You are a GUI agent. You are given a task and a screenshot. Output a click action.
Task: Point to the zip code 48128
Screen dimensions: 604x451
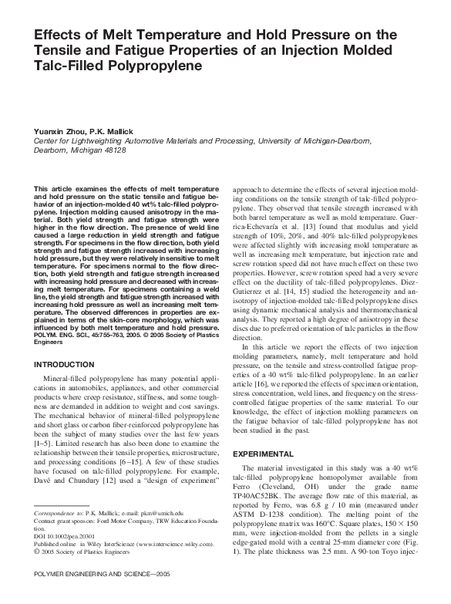point(117,151)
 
